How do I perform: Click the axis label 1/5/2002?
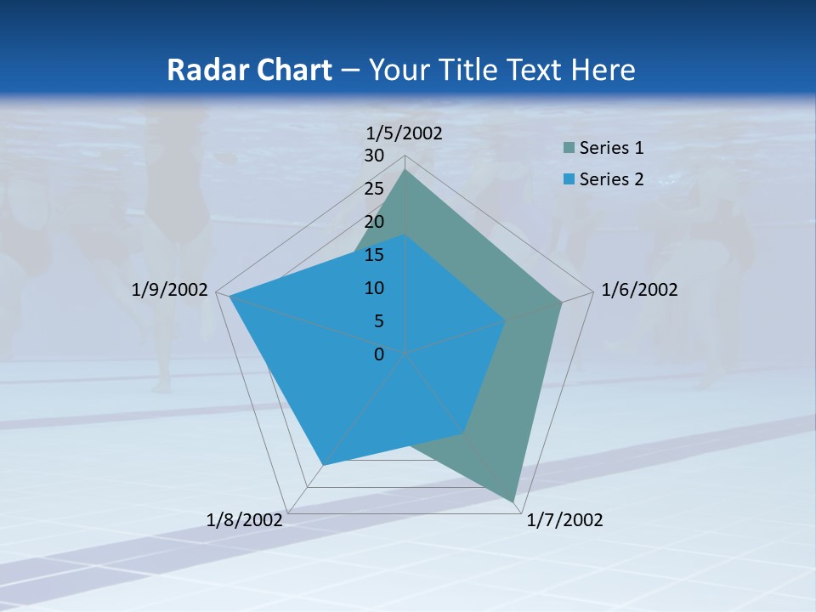click(404, 133)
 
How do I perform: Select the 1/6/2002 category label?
click(639, 290)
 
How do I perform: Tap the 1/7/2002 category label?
click(564, 520)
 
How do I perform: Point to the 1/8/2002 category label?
click(245, 520)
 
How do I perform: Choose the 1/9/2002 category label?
click(170, 290)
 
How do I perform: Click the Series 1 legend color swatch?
click(569, 149)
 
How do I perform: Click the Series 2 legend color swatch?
click(569, 179)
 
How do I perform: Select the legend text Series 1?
click(611, 149)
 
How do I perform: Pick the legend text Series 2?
click(611, 179)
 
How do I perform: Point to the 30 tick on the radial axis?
click(374, 156)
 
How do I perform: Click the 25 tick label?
click(374, 189)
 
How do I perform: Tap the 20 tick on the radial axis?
click(374, 222)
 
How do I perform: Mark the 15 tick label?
click(374, 255)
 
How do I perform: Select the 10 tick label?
click(374, 288)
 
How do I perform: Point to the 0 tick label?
click(379, 354)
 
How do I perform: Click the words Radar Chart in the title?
click(249, 70)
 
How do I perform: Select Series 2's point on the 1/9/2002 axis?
click(229, 297)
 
